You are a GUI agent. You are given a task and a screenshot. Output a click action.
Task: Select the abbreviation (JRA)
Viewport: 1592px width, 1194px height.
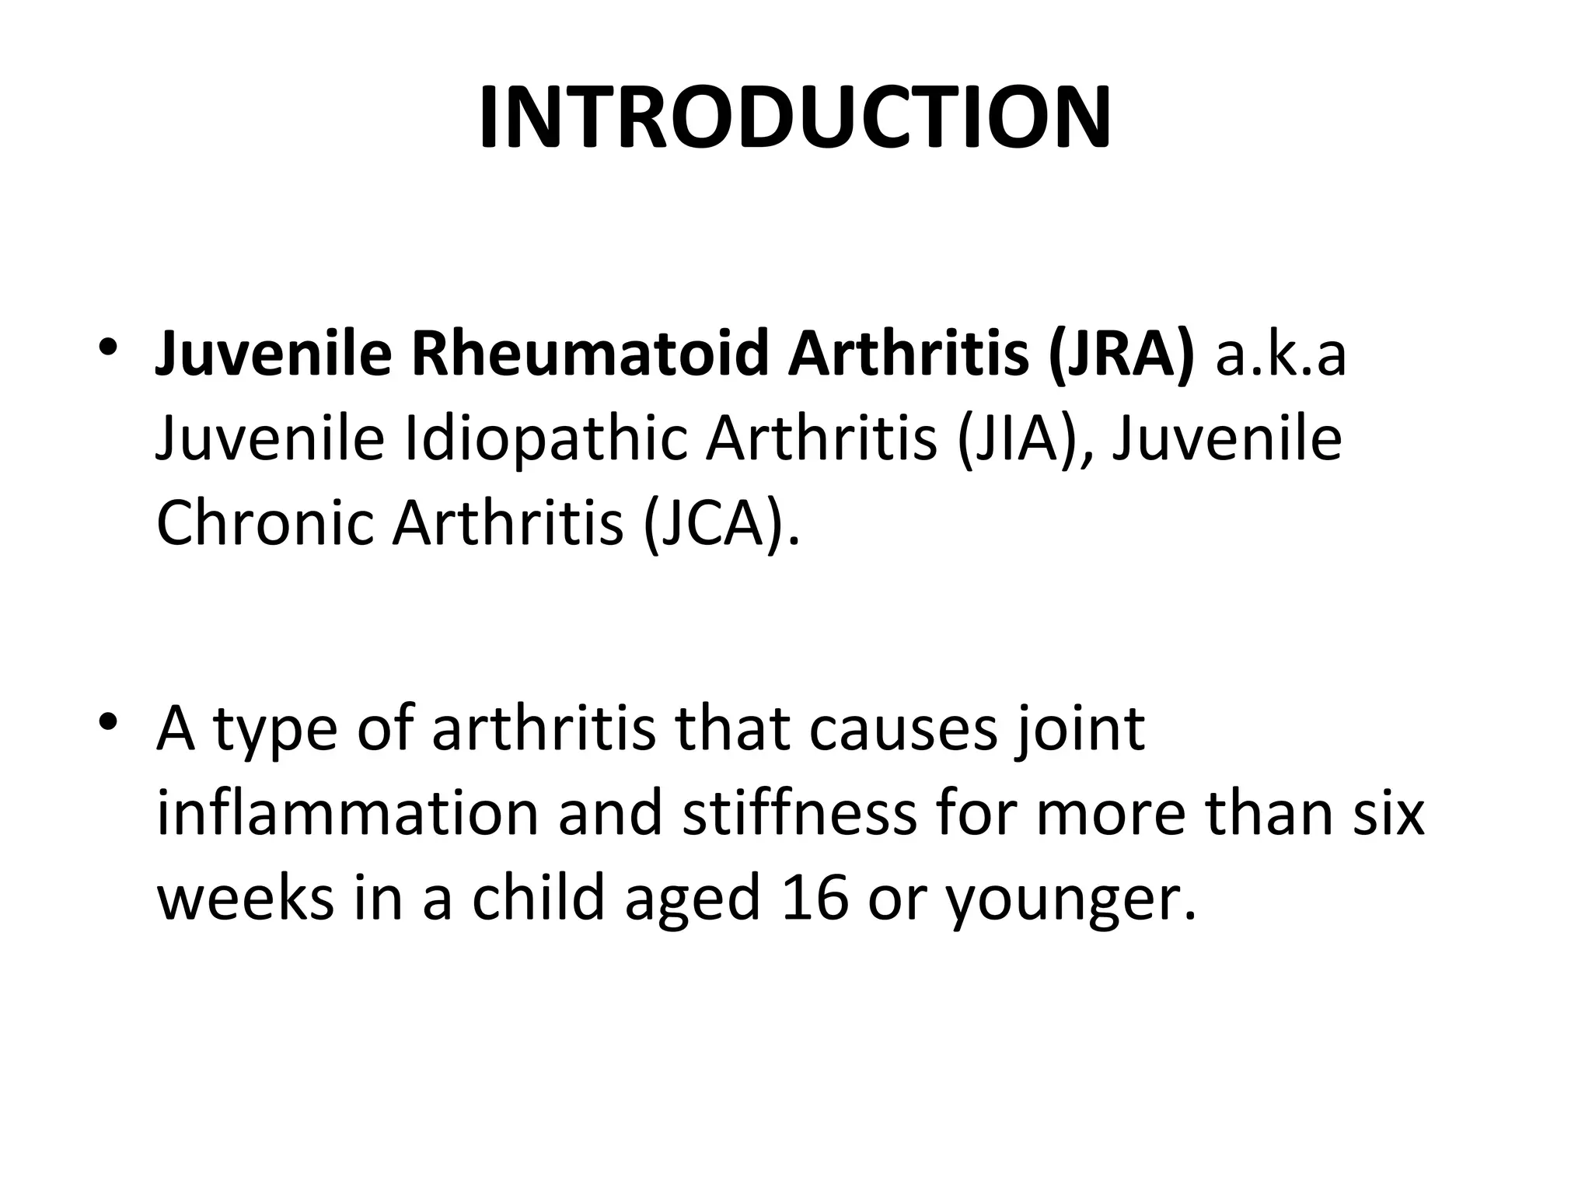click(1120, 354)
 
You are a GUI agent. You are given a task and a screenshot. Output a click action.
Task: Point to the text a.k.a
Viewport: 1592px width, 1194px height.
click(1280, 354)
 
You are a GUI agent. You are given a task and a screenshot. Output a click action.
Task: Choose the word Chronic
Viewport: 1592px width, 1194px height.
click(264, 522)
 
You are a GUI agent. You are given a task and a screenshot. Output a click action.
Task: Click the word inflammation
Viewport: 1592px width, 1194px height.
click(347, 814)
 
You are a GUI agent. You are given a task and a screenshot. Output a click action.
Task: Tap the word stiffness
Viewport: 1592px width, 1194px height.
click(800, 814)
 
